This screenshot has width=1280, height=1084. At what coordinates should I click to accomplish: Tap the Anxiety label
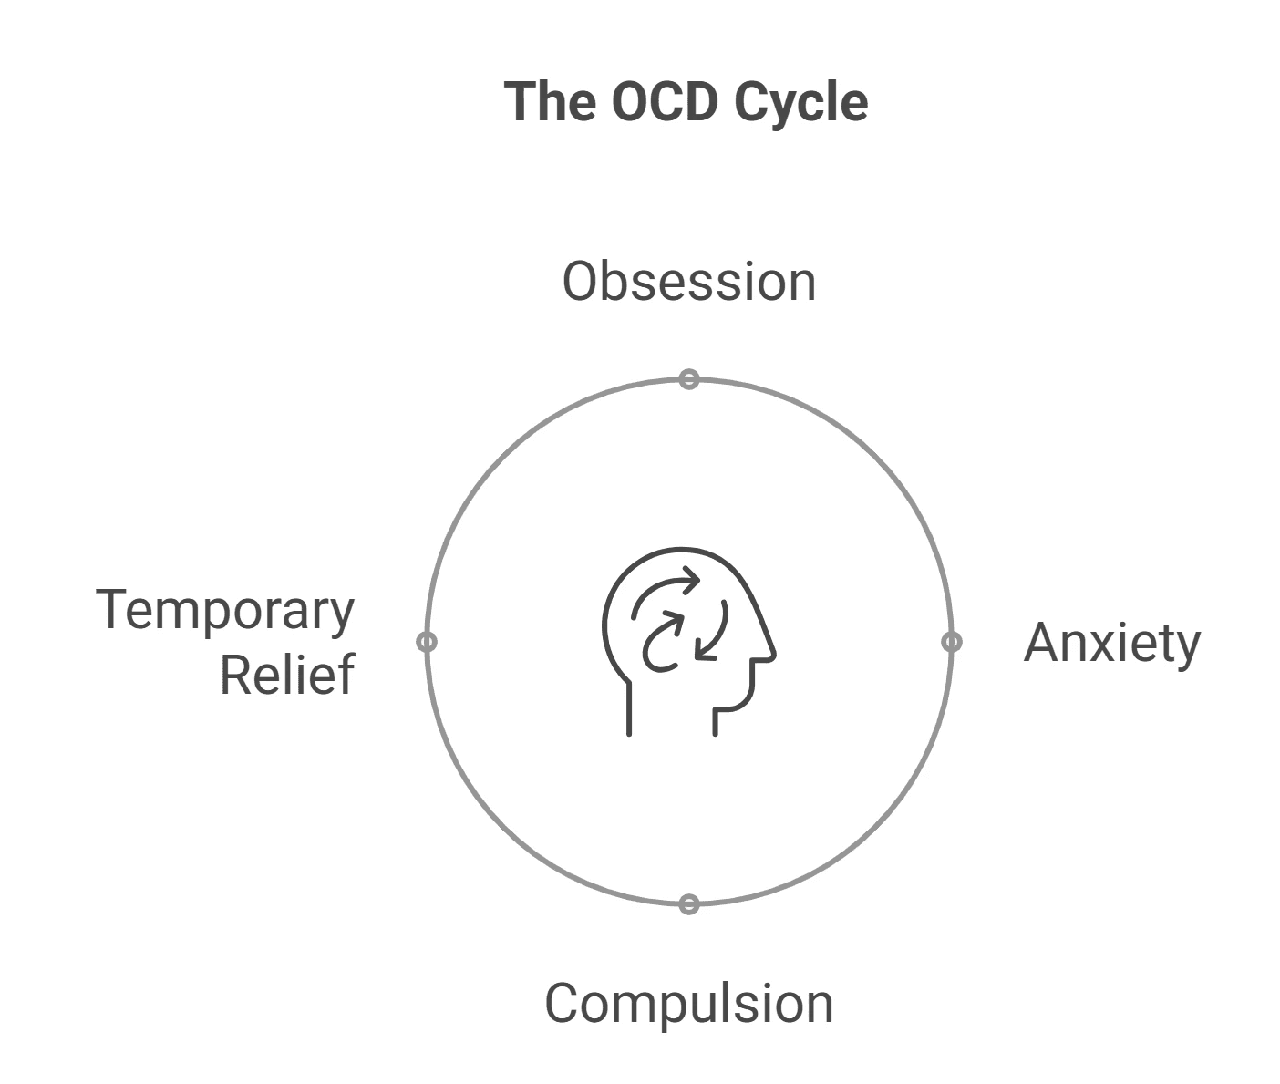1111,644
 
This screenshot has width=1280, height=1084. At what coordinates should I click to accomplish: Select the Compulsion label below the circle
688,1004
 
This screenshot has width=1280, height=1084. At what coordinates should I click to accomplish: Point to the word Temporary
224,611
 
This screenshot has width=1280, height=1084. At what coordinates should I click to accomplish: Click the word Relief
286,675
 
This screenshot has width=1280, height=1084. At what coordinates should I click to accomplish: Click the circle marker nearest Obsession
689,379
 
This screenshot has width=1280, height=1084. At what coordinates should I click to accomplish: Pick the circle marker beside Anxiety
951,642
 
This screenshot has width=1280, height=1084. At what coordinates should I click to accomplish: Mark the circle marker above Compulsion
689,904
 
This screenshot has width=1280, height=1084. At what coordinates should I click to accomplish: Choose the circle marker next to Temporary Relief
427,642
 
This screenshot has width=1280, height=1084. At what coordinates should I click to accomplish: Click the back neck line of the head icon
629,707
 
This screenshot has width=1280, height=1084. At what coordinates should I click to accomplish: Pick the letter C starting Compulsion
563,1004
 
